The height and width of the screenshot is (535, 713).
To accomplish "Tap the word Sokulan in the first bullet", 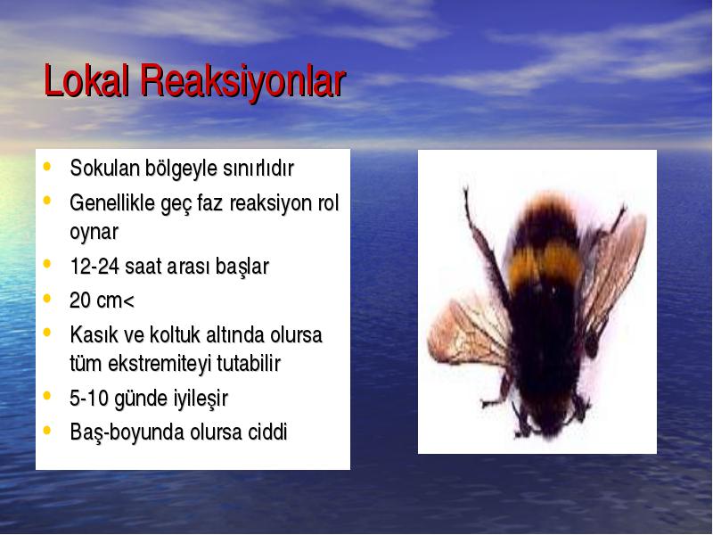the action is (104, 168).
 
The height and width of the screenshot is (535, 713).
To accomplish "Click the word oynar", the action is (94, 233).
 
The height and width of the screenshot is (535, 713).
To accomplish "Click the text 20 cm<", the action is (102, 300).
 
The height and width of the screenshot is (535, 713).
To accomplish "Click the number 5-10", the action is (89, 398).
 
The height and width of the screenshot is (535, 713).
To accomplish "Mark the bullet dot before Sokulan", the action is (47, 166).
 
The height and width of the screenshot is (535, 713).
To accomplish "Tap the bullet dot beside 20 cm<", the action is (47, 299).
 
